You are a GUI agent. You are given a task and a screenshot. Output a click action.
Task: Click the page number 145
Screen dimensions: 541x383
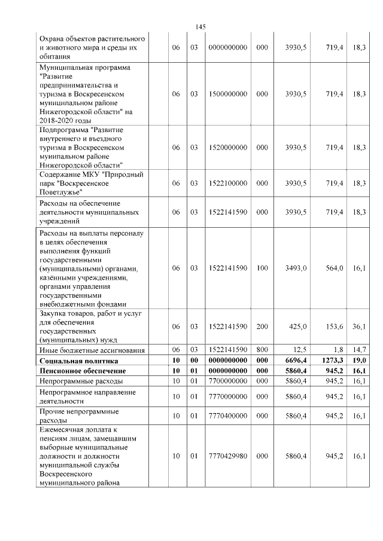(x=200, y=27)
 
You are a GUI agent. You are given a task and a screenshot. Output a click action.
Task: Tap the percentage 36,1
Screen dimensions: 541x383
(x=359, y=326)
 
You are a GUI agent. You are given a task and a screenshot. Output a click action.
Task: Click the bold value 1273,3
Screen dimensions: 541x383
(x=331, y=361)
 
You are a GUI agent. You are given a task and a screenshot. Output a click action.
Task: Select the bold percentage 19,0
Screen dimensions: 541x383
(x=359, y=361)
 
